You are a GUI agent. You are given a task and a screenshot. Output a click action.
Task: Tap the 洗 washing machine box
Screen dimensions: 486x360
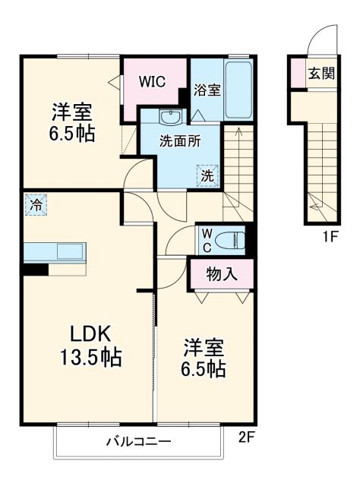(207, 175)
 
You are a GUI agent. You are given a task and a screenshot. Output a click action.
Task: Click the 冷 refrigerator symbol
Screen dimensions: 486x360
(34, 204)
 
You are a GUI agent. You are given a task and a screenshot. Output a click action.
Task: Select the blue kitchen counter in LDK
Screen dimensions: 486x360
(55, 251)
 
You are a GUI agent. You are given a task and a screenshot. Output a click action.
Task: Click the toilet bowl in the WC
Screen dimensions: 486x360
(231, 240)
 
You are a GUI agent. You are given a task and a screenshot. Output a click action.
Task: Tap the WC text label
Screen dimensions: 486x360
(205, 241)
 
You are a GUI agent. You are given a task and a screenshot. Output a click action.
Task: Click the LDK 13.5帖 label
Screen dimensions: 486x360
(92, 345)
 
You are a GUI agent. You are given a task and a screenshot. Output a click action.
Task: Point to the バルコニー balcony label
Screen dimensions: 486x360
(137, 441)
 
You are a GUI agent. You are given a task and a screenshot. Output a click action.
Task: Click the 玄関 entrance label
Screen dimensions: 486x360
(318, 74)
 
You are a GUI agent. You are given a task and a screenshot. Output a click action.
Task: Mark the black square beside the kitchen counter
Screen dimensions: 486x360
(35, 268)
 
